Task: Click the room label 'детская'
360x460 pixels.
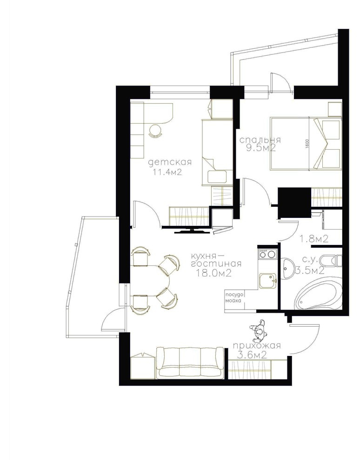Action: click(170, 162)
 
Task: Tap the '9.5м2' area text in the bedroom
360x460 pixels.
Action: click(261, 148)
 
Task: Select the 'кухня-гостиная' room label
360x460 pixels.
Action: click(216, 259)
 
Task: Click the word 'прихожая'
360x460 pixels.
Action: click(257, 346)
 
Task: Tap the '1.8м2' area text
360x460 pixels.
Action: click(313, 239)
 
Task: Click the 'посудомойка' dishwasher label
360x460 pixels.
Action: click(233, 297)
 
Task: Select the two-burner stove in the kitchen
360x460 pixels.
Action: click(268, 254)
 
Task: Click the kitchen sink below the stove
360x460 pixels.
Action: click(267, 281)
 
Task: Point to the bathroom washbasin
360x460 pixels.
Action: click(288, 268)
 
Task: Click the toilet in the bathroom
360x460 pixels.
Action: click(330, 261)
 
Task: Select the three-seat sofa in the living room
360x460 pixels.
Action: click(190, 362)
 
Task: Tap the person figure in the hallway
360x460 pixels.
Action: click(259, 331)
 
